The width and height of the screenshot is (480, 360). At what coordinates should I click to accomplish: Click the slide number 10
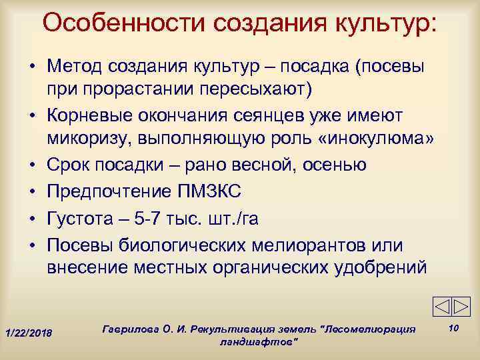(x=453, y=327)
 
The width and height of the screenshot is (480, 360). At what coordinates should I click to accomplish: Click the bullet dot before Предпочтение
(x=31, y=191)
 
